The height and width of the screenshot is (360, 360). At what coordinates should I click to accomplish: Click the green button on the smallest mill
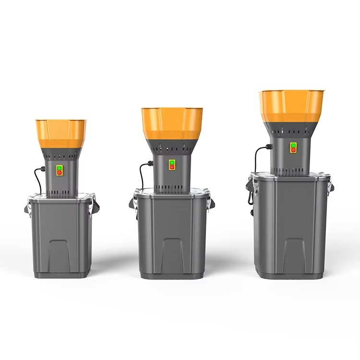tap(60, 168)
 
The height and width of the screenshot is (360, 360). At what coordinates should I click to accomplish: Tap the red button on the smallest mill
tap(60, 172)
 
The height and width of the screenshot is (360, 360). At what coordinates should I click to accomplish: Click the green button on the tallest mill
tap(293, 145)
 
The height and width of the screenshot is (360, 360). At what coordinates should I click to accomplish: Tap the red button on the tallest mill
tap(293, 150)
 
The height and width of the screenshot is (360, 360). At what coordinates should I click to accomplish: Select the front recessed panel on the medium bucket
tap(171, 254)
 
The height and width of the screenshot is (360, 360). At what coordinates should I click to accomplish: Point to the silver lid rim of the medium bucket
tap(171, 192)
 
